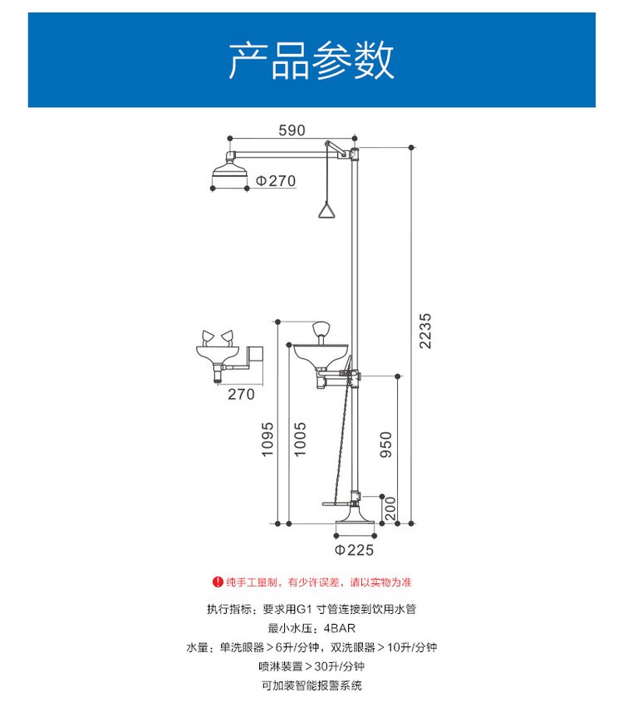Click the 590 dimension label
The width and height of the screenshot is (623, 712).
pos(292,130)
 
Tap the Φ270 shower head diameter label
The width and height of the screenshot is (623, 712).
pos(276,181)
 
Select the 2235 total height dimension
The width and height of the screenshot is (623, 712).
pos(425,331)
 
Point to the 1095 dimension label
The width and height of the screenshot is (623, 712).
pos(267,439)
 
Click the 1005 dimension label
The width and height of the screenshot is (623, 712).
pos(300,439)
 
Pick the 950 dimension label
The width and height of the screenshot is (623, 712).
pos(385,444)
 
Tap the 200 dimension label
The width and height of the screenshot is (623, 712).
pos(390,508)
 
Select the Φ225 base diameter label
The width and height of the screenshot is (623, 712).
pos(354,550)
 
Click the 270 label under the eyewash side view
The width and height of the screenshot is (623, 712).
pos(241,394)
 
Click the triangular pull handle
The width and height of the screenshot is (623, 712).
pos(327,211)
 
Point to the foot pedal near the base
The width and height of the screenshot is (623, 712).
pos(339,503)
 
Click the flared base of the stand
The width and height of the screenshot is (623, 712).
pos(355,514)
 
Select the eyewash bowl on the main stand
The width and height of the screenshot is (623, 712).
pos(321,354)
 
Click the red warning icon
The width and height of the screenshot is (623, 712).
pos(218,582)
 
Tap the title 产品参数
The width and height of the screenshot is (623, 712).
pos(311,61)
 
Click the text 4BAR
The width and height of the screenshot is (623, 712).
pos(340,628)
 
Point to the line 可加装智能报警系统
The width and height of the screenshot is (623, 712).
pos(311,685)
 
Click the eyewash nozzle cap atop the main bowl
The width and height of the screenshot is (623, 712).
pos(321,328)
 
